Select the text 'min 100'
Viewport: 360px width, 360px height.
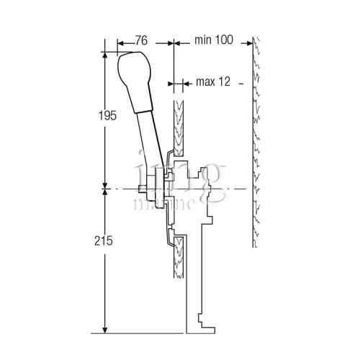(213, 40)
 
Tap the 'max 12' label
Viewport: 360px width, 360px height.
(212, 82)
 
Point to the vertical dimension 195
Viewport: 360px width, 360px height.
(106, 117)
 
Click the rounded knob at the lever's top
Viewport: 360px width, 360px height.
(134, 68)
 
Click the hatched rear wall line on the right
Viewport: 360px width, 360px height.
(256, 144)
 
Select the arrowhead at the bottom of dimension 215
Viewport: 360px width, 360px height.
(106, 330)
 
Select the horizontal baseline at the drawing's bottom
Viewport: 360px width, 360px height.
(144, 333)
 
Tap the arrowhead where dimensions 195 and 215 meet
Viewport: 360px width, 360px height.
(106, 189)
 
